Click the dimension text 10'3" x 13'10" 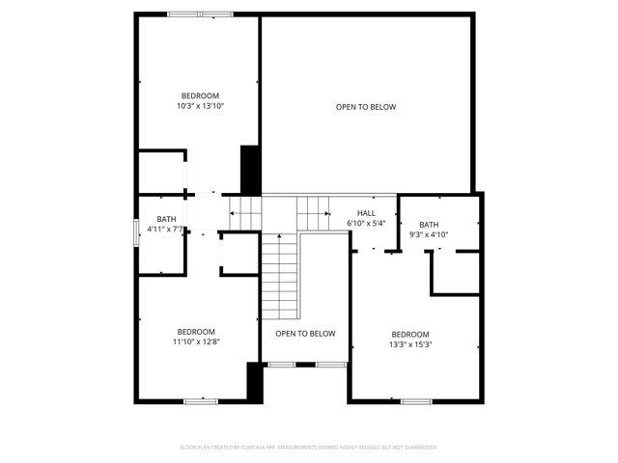click(x=200, y=106)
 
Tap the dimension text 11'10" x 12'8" click(x=197, y=341)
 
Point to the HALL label click(x=366, y=213)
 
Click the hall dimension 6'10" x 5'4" click(x=366, y=224)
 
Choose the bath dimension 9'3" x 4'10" click(x=429, y=234)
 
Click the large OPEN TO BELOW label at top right click(x=366, y=107)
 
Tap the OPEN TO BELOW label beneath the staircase click(x=305, y=334)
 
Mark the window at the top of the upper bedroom click(x=200, y=14)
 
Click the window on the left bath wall click(x=135, y=233)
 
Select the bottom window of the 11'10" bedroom click(x=201, y=399)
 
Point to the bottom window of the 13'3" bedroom click(x=416, y=400)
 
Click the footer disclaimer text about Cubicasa click(x=309, y=448)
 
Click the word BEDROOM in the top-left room click(x=200, y=95)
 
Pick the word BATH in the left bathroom click(x=167, y=219)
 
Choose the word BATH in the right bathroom click(x=429, y=224)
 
